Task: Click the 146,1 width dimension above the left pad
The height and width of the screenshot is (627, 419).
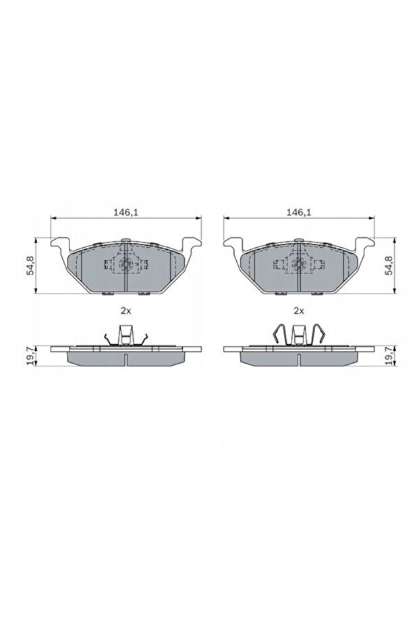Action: [x=126, y=211]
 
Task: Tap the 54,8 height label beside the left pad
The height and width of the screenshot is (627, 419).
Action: [x=29, y=265]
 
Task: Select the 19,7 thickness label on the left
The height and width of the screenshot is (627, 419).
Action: [x=29, y=355]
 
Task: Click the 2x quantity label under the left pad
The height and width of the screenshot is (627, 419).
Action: [x=125, y=311]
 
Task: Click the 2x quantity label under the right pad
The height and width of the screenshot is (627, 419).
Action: [x=298, y=311]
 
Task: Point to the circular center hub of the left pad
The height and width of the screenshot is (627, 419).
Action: [x=126, y=266]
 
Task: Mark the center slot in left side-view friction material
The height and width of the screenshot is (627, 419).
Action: [x=126, y=358]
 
